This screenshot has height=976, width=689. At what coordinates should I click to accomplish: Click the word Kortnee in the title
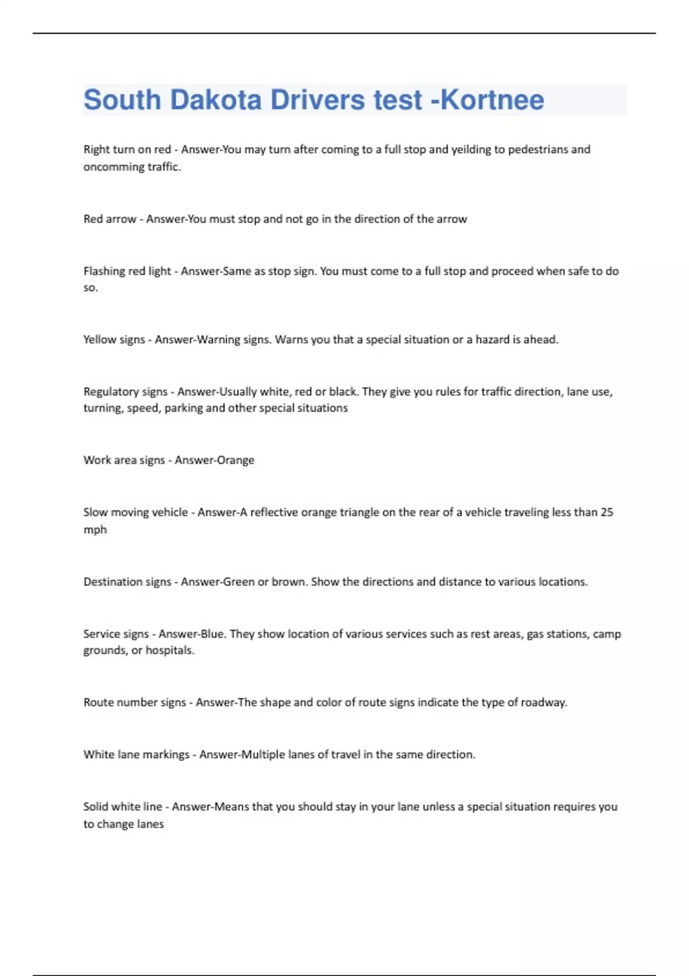[x=492, y=100]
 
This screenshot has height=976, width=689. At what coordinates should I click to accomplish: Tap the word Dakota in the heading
[x=216, y=100]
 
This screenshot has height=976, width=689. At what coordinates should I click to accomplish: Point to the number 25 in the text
[x=607, y=512]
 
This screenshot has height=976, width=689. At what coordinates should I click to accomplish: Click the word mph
[x=95, y=529]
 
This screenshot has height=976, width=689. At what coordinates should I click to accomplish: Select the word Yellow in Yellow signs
[x=99, y=339]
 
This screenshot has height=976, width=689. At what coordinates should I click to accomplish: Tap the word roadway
[x=543, y=702]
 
